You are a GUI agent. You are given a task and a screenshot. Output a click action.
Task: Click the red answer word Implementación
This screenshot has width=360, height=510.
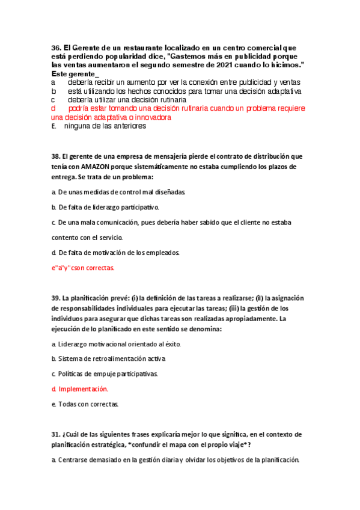tap(82, 389)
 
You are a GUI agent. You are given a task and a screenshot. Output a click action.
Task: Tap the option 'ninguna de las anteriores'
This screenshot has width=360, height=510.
tap(105, 126)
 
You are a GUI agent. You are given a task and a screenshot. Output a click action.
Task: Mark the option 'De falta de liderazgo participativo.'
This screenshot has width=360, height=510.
tap(100, 207)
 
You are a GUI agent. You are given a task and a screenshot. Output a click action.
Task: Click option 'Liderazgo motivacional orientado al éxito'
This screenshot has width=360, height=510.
tap(119, 344)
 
